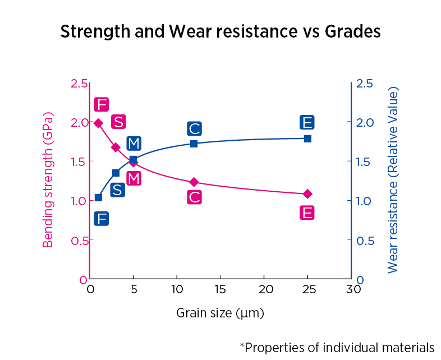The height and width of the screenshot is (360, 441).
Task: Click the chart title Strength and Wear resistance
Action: tap(220, 31)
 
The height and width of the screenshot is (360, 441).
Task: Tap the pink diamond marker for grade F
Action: tap(98, 123)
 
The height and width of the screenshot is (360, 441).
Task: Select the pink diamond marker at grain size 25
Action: tap(307, 194)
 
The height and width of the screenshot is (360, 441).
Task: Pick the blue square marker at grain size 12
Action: tap(194, 144)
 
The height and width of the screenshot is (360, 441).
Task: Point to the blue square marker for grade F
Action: tap(98, 197)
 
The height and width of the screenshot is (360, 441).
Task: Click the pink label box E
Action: tap(306, 213)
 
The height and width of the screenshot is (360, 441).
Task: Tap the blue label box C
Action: tap(194, 129)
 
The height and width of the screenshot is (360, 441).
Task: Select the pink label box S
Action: tap(118, 122)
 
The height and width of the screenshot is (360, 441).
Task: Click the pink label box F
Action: tap(101, 104)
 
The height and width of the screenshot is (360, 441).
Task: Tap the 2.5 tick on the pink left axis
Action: tap(79, 84)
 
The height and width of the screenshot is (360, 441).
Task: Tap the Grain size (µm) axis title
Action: tap(220, 312)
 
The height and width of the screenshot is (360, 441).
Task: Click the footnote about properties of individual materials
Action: tap(337, 347)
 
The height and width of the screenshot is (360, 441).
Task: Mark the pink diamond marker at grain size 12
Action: tap(194, 182)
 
